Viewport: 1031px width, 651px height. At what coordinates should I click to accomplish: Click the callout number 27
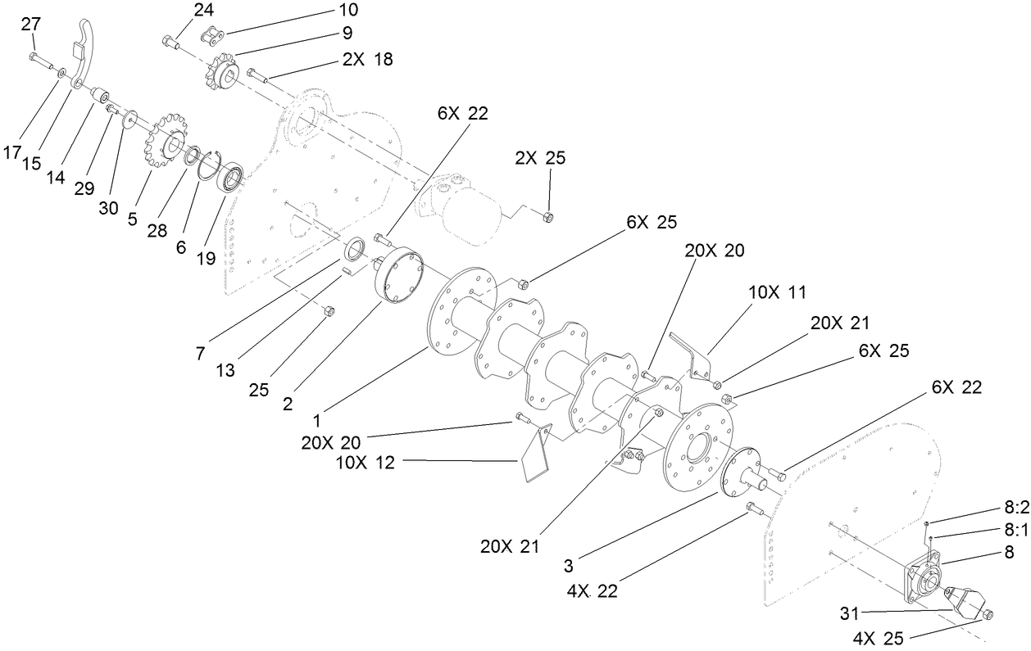tap(31, 25)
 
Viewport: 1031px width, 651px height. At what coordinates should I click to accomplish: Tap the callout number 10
tap(347, 11)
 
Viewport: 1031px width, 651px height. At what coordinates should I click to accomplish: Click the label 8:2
tap(1016, 507)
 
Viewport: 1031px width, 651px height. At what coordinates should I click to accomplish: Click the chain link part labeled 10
tap(214, 36)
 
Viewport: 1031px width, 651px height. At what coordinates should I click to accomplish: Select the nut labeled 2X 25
tap(549, 216)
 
